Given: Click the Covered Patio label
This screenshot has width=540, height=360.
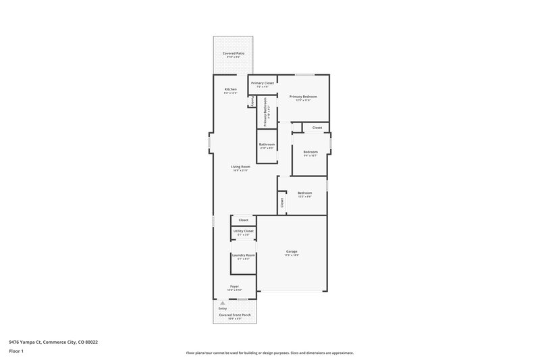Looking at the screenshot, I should click(234, 53).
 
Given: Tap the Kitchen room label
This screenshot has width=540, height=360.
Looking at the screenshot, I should click(231, 90).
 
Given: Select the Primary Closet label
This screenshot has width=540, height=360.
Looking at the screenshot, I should click(263, 83).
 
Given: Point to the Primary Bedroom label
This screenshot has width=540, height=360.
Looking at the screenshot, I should click(303, 97).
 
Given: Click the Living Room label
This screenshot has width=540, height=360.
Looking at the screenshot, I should click(240, 167).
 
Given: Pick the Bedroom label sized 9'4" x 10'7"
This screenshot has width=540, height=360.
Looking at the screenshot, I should click(310, 152).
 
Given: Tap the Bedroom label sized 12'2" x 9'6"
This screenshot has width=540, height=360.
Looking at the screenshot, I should click(305, 192).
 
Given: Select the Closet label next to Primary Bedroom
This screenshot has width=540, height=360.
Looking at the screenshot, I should click(317, 128).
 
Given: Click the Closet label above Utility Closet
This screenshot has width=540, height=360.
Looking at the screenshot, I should click(243, 220).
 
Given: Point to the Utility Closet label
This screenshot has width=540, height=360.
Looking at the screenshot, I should click(243, 231).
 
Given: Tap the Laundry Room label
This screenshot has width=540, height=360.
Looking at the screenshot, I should click(243, 255).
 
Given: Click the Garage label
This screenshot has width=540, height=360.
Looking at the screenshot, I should click(292, 251).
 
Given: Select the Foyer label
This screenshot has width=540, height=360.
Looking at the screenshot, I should click(234, 286).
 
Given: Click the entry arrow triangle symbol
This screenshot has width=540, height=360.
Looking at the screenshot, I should click(222, 303).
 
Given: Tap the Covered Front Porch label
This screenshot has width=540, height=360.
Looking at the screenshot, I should click(234, 315).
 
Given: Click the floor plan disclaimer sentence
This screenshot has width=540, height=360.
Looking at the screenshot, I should click(269, 353).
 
